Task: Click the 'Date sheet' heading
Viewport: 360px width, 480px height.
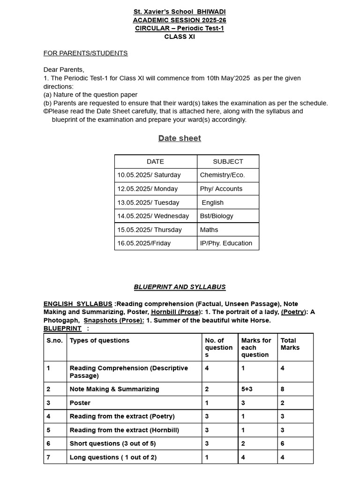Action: click(x=180, y=138)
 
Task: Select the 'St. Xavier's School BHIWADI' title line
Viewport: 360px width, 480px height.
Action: click(x=180, y=11)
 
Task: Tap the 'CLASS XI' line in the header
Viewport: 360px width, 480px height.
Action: click(x=180, y=37)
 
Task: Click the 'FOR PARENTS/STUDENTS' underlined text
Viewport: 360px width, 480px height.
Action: click(x=85, y=53)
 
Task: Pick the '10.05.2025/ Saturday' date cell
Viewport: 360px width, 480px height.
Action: click(x=149, y=175)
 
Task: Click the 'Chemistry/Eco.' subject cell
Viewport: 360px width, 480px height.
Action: click(x=222, y=175)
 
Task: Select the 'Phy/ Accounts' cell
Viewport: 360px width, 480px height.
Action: click(x=221, y=188)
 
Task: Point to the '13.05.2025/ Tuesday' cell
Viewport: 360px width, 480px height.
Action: click(x=148, y=202)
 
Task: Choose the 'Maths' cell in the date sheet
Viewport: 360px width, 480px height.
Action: click(x=209, y=230)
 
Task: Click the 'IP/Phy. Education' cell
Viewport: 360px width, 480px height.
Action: click(x=226, y=243)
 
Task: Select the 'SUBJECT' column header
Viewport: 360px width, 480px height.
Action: click(x=228, y=161)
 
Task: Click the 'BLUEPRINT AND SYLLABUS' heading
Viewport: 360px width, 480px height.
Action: click(x=180, y=287)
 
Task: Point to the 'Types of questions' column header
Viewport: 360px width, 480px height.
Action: click(x=99, y=340)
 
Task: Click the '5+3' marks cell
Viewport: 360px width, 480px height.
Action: click(x=247, y=389)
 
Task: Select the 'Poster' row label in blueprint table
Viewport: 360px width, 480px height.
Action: click(x=80, y=403)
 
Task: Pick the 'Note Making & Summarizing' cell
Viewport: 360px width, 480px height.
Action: click(x=114, y=389)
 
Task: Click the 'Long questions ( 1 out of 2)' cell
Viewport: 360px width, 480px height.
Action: click(x=113, y=457)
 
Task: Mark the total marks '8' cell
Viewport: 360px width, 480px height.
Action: click(x=283, y=389)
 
